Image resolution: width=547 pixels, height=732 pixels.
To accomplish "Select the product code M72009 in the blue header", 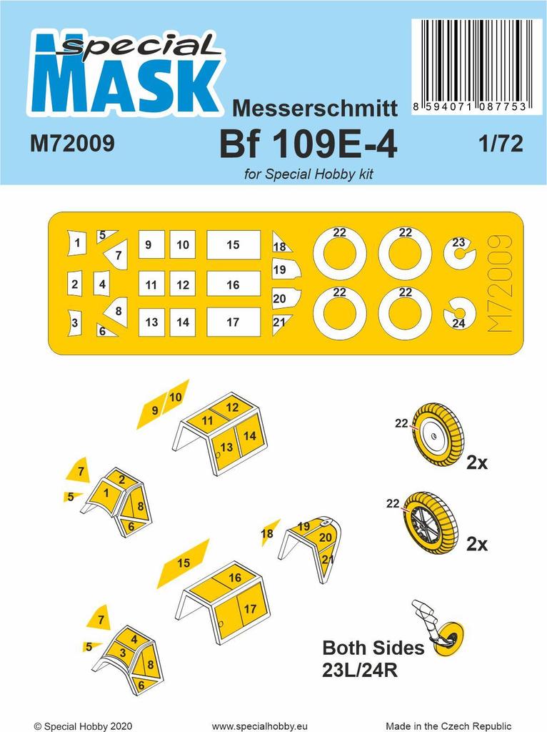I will point(73,144).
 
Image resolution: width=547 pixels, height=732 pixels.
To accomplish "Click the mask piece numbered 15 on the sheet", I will point(233,244).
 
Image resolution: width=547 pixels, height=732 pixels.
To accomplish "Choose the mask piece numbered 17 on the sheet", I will point(233,322).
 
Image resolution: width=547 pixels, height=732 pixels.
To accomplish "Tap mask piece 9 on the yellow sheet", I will point(150,244).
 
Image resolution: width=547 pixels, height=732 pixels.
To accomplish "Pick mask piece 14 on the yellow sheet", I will point(183,322).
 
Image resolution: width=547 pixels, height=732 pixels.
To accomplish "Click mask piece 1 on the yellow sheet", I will point(76,244).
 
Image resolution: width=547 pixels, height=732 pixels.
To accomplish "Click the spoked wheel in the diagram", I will point(429,523).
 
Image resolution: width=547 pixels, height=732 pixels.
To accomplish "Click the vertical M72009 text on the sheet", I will point(497,282).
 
